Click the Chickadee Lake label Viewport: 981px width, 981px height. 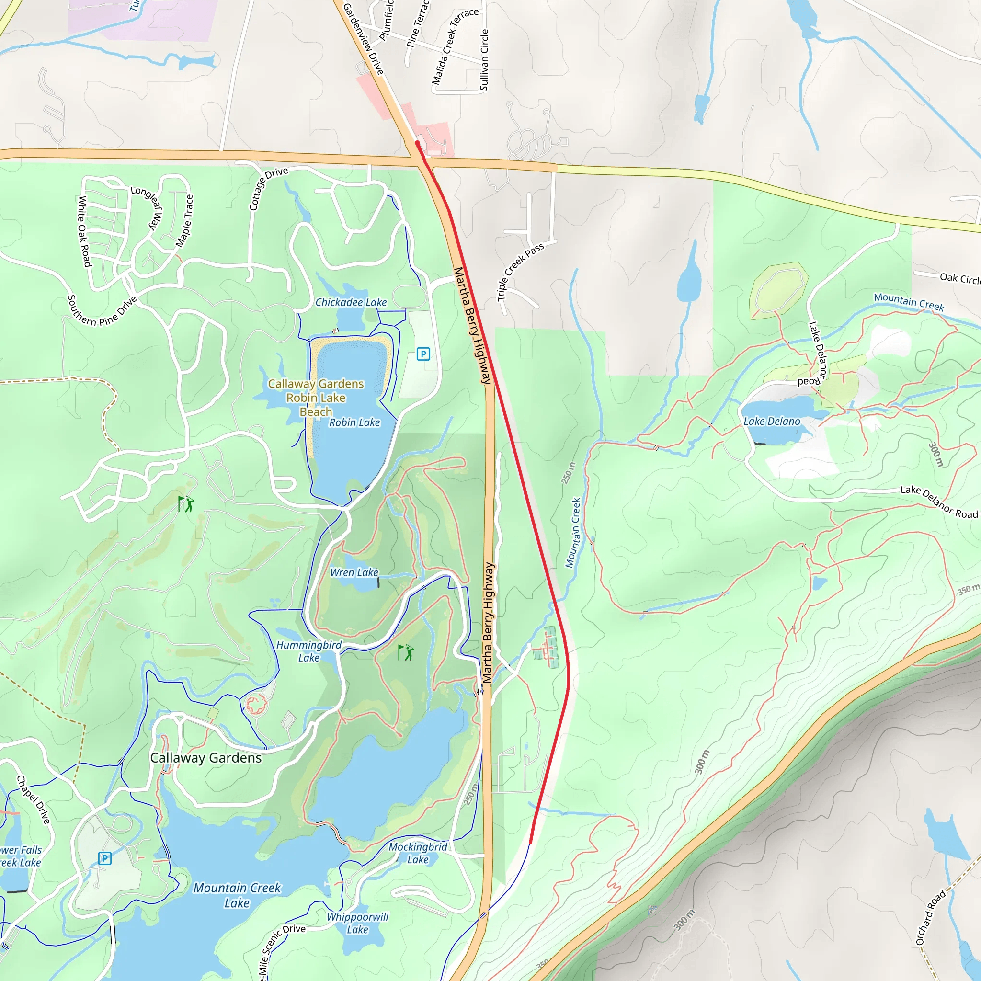coord(351,302)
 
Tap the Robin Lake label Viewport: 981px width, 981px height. coord(354,422)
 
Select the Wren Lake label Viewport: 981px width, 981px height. coord(354,572)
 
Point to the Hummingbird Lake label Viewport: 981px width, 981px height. coord(309,651)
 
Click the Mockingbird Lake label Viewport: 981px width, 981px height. coord(418,853)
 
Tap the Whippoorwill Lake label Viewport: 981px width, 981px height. coord(357,923)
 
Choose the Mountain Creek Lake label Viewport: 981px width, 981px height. coord(237,895)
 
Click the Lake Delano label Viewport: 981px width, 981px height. coord(772,422)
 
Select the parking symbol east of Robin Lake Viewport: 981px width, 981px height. coord(423,354)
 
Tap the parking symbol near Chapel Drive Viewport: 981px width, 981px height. coord(104,859)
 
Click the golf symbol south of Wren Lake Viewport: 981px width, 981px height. coord(406,652)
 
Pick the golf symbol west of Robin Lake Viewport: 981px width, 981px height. coord(186,504)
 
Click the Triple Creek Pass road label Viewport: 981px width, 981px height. coord(520,271)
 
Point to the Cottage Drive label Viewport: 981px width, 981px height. coord(268,188)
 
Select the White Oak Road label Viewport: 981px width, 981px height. coord(84,231)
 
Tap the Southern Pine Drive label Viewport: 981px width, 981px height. coord(102,311)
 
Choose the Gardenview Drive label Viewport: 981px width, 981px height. coord(363,39)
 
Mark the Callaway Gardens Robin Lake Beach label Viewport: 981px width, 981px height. coord(316,398)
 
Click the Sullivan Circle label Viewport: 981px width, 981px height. coord(484,60)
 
